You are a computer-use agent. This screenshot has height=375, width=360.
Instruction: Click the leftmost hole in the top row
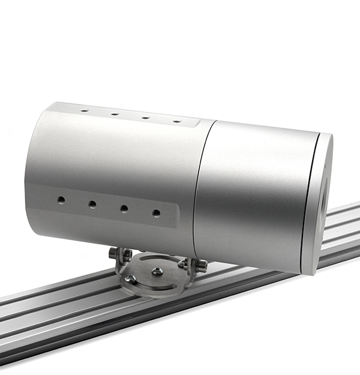click(x=85, y=111)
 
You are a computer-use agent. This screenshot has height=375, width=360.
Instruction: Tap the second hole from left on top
click(x=115, y=114)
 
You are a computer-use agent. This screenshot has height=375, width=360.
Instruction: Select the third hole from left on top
click(x=145, y=118)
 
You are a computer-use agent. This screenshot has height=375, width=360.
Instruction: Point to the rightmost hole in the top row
click(x=176, y=121)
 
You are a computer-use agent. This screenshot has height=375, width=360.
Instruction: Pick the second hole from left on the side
click(x=92, y=205)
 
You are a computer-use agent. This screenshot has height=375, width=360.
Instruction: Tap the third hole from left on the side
click(x=124, y=208)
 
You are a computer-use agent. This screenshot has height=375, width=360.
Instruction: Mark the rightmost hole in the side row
click(x=156, y=212)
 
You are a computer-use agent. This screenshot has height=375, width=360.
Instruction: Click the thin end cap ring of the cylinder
click(x=318, y=204)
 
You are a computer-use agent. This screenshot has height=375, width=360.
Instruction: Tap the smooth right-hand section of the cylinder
click(x=258, y=192)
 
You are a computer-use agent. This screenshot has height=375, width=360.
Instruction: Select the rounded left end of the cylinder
click(x=33, y=168)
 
